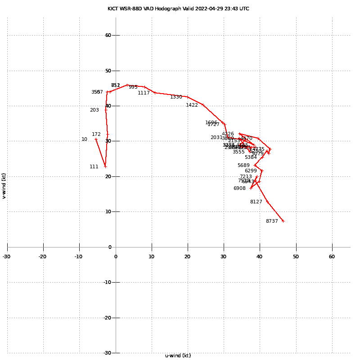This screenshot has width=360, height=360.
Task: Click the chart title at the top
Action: pyautogui.click(x=178, y=9)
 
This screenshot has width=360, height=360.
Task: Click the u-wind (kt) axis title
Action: pyautogui.click(x=178, y=355)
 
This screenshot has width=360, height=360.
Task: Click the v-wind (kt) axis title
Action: pyautogui.click(x=4, y=186)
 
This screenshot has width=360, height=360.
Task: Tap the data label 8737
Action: pyautogui.click(x=272, y=221)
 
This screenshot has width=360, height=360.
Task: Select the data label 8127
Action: pyautogui.click(x=256, y=202)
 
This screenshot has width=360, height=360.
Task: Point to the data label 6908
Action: pyautogui.click(x=239, y=188)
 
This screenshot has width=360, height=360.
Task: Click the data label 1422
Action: pyautogui.click(x=192, y=105)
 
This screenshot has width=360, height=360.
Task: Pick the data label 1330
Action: pyautogui.click(x=176, y=97)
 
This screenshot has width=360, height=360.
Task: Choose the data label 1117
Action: pyautogui.click(x=144, y=93)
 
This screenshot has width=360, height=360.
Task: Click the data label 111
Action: pyautogui.click(x=94, y=166)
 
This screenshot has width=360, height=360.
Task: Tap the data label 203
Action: pyautogui.click(x=94, y=110)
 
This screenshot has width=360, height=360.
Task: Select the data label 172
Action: pyautogui.click(x=96, y=134)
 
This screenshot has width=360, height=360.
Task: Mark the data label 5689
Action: pyautogui.click(x=243, y=165)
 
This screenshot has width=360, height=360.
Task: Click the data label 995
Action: pyautogui.click(x=133, y=87)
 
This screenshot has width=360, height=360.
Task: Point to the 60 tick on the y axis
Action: pyautogui.click(x=108, y=35)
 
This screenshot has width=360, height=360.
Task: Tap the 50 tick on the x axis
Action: pyautogui.click(x=296, y=256)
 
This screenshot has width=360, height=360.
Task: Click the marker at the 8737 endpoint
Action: pyautogui.click(x=283, y=221)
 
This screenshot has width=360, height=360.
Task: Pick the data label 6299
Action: pyautogui.click(x=251, y=171)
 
